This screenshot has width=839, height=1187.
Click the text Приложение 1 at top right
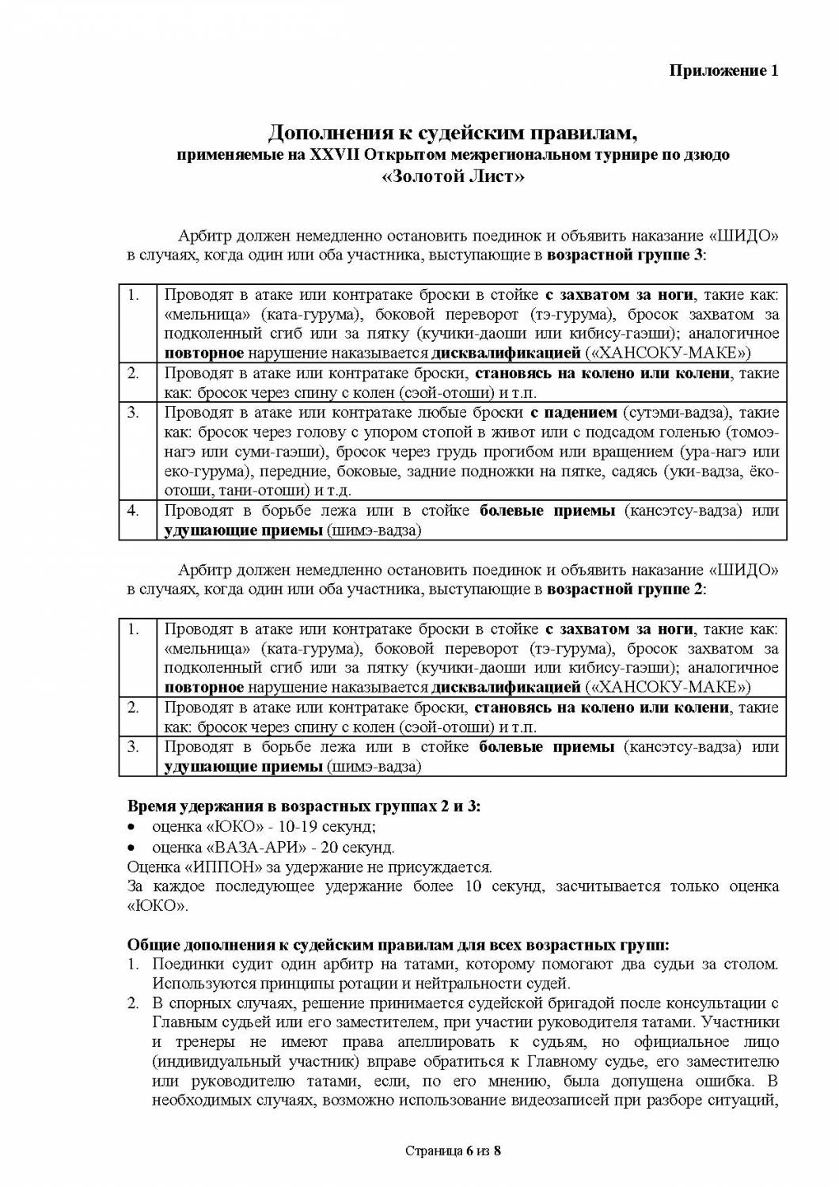[725, 70]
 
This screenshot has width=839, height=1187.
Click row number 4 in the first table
[134, 510]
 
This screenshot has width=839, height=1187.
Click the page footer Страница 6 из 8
[453, 1151]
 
